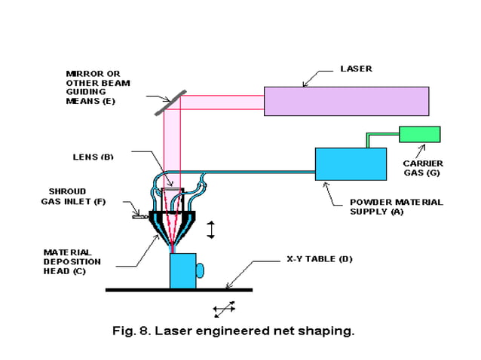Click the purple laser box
346,100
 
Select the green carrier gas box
419,134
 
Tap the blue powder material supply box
350,164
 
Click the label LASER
355,69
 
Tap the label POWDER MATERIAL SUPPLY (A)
396,206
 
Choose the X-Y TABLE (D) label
319,259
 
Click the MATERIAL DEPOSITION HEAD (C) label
72,261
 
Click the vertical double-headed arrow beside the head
210,229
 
